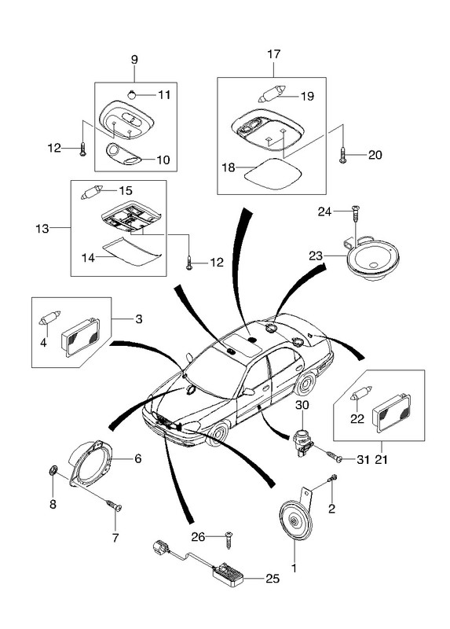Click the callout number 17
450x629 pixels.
[x=273, y=54]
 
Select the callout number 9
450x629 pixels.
[x=134, y=60]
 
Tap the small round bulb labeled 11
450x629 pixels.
[x=132, y=94]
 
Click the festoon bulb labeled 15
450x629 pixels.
[x=92, y=192]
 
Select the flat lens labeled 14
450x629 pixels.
[x=133, y=251]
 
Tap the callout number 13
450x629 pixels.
[x=42, y=229]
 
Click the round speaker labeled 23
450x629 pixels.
[x=373, y=258]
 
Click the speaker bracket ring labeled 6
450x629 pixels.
[x=90, y=464]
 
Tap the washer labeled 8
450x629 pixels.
[x=53, y=470]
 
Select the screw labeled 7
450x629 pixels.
[x=114, y=506]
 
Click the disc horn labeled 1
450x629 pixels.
[x=295, y=520]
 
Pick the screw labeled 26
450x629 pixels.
[x=229, y=539]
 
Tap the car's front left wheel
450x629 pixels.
[x=218, y=435]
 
